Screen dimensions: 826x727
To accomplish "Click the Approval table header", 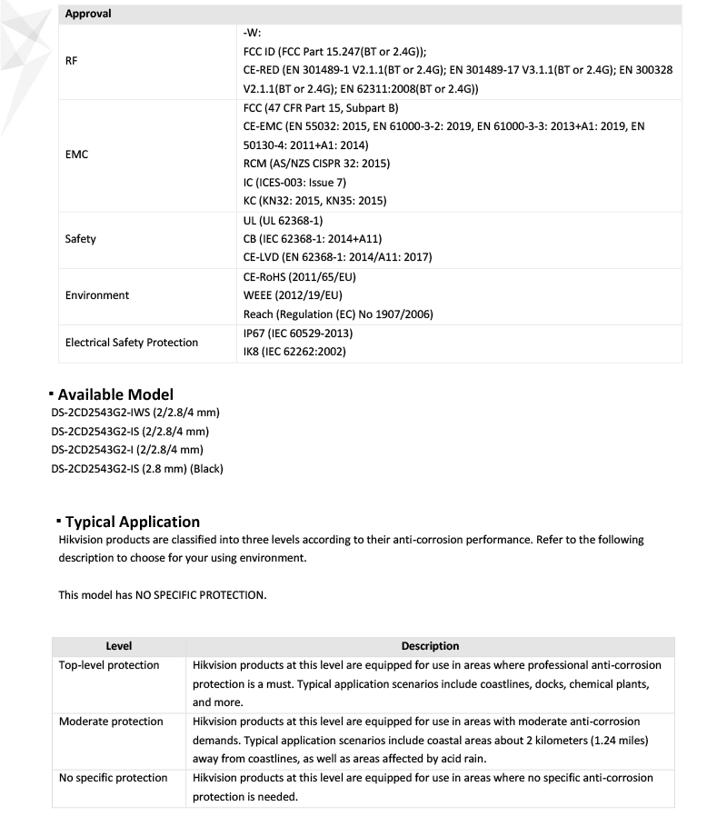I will (88, 14).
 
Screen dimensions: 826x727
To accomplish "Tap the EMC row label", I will (76, 154).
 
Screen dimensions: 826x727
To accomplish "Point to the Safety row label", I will (80, 239).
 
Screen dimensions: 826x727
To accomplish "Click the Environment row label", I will (97, 295).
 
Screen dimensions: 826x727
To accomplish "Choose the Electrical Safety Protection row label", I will (131, 343).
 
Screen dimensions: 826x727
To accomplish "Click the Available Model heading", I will (115, 394).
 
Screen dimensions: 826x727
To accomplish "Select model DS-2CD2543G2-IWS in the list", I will (135, 413).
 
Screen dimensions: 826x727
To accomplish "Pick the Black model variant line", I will (137, 468).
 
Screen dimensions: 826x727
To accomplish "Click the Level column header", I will (118, 646).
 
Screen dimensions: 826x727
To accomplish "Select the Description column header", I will (430, 646).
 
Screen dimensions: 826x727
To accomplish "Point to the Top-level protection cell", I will (109, 665).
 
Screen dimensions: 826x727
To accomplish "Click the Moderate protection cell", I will (111, 722).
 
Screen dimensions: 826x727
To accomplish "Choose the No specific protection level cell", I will (113, 778).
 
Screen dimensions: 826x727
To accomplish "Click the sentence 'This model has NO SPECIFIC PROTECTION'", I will (163, 595).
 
